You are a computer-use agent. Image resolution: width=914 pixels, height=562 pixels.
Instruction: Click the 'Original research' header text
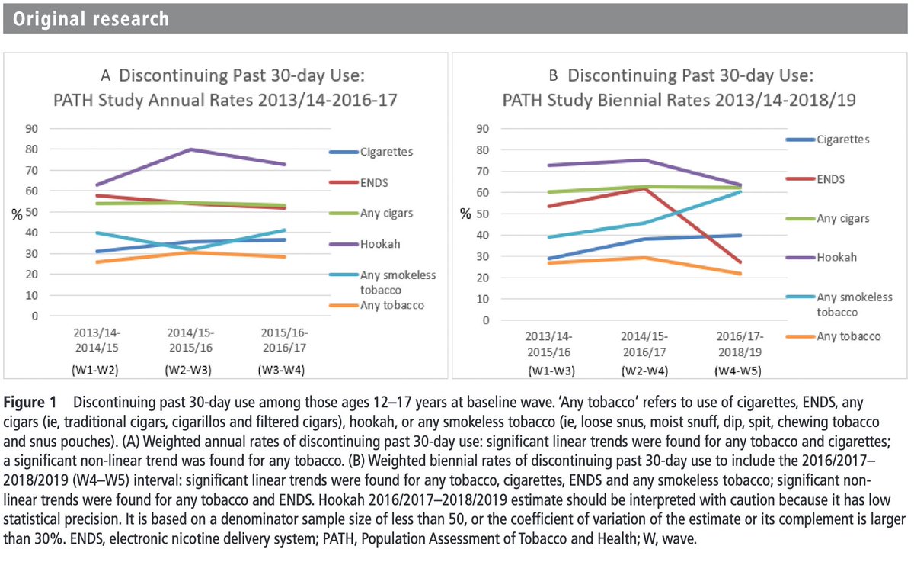tap(91, 18)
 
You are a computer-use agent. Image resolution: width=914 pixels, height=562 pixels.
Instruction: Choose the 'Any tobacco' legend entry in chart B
tap(848, 336)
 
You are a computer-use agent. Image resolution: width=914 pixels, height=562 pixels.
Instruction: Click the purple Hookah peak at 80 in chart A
tap(190, 149)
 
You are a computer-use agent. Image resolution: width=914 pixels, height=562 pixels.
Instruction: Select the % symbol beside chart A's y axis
tap(16, 214)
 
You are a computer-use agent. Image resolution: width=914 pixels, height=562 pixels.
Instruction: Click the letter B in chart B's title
tap(554, 75)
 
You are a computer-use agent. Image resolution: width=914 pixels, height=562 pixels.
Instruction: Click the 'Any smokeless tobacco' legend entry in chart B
tap(854, 304)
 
